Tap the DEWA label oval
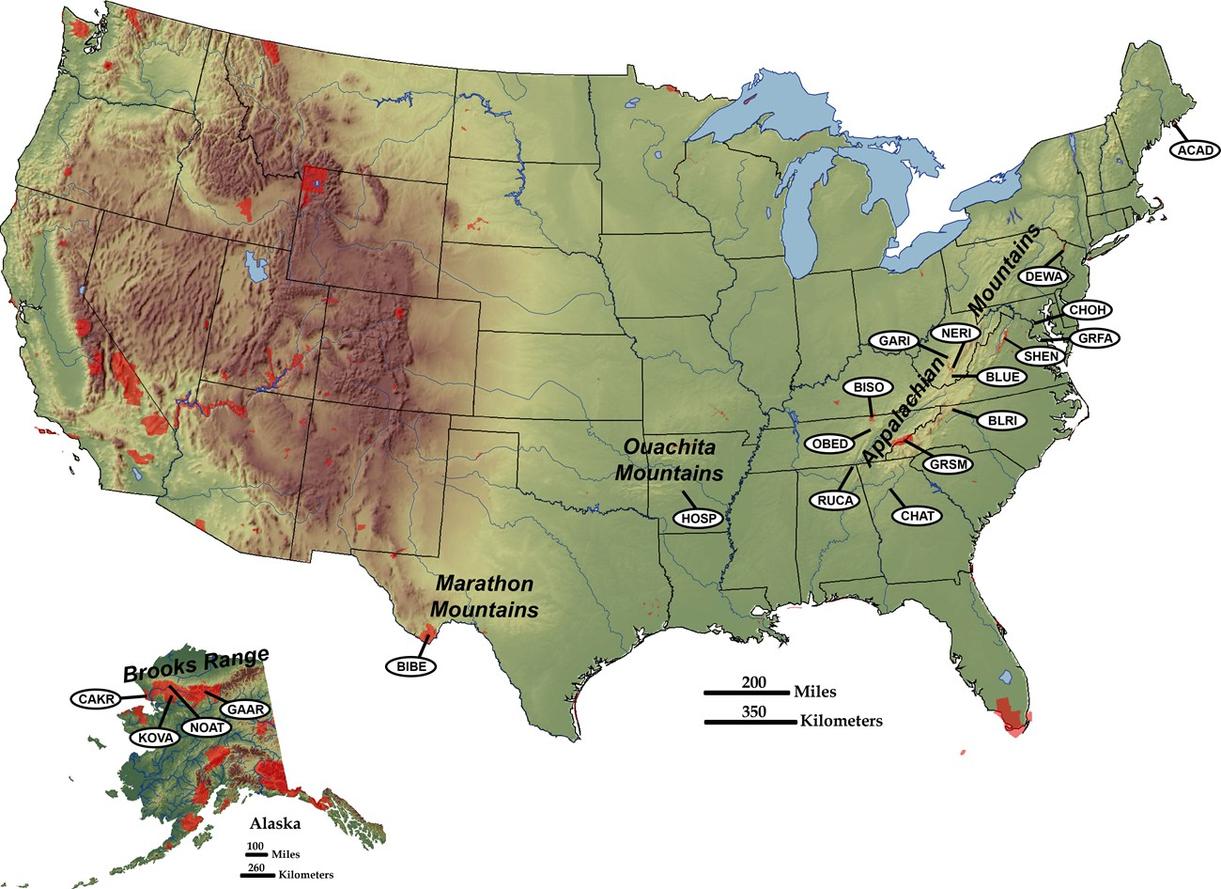pyautogui.click(x=1044, y=276)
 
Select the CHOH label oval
pyautogui.click(x=1086, y=310)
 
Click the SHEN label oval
pyautogui.click(x=1042, y=356)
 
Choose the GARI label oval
pyautogui.click(x=893, y=341)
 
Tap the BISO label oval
pyautogui.click(x=869, y=386)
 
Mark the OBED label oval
pyautogui.click(x=830, y=444)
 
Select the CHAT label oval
pyautogui.click(x=916, y=515)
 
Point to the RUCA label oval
pyautogui.click(x=834, y=501)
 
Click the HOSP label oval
pyautogui.click(x=698, y=518)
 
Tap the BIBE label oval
pyautogui.click(x=410, y=664)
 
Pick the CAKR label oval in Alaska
pyautogui.click(x=97, y=699)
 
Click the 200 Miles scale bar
pyautogui.click(x=748, y=694)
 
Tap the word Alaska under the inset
pyautogui.click(x=274, y=824)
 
